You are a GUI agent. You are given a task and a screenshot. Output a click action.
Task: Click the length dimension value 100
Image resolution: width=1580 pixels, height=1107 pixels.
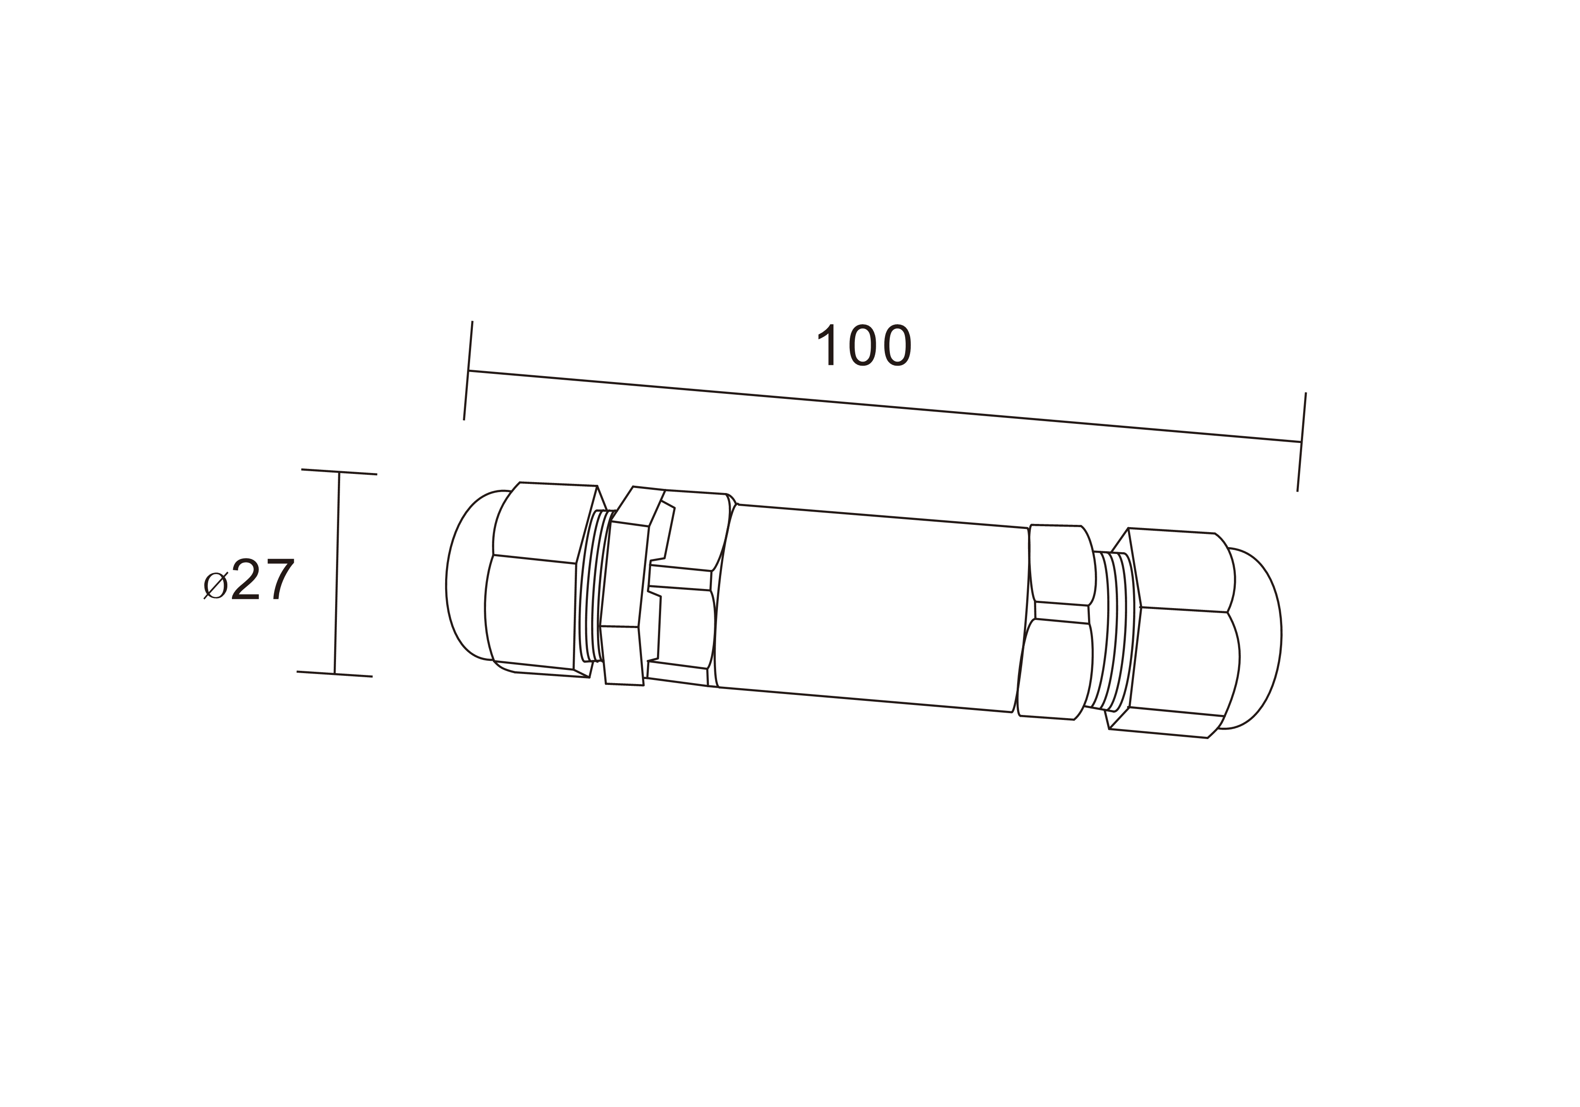pyautogui.click(x=864, y=344)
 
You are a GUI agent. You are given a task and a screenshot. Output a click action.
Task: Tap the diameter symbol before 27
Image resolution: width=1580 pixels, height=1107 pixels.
pyautogui.click(x=216, y=585)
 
